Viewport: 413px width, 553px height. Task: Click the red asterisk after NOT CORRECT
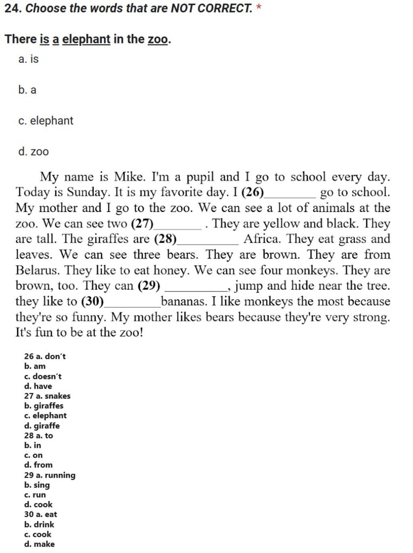click(x=259, y=7)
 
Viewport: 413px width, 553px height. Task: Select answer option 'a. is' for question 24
click(x=28, y=59)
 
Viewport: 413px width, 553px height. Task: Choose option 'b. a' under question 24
click(x=27, y=90)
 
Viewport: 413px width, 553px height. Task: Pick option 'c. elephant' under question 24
click(x=46, y=121)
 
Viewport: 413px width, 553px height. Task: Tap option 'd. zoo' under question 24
click(x=33, y=152)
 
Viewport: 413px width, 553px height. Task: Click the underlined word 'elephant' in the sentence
click(x=86, y=39)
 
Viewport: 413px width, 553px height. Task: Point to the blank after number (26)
click(x=290, y=193)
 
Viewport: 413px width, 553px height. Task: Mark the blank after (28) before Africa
click(x=208, y=240)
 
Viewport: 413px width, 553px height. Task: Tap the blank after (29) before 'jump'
click(x=196, y=287)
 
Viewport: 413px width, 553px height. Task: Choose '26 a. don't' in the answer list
click(x=45, y=356)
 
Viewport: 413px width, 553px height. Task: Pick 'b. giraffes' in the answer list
click(x=44, y=406)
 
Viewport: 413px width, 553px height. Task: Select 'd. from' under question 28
click(x=38, y=465)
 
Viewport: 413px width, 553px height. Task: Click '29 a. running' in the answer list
click(x=50, y=475)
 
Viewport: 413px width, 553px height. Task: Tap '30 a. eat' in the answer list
click(x=40, y=514)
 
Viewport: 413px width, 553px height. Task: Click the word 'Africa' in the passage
click(x=261, y=239)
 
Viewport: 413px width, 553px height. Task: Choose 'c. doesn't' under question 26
click(x=43, y=376)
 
